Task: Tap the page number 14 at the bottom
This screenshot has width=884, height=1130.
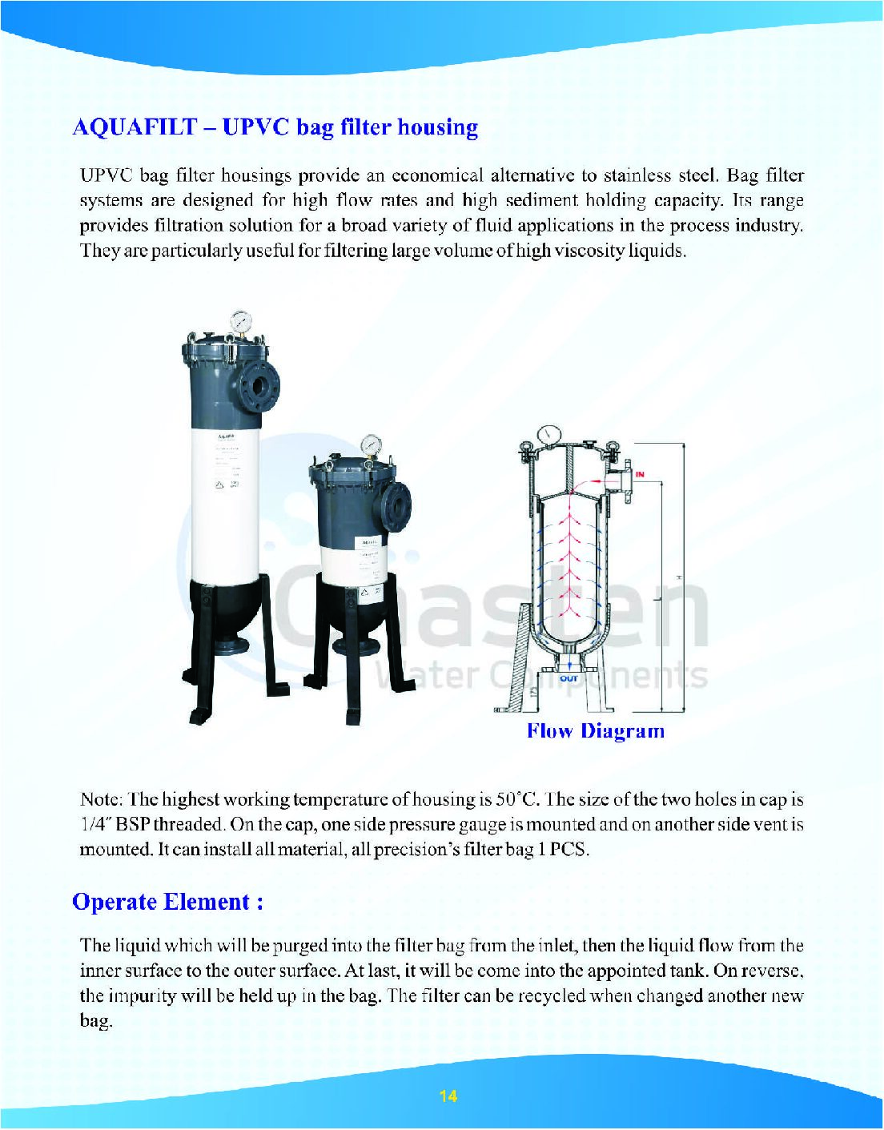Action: point(448,1096)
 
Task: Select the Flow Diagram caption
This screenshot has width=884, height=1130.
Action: point(595,730)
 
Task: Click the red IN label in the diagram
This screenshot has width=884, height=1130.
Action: point(640,475)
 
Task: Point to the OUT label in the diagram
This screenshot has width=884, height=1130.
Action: point(569,678)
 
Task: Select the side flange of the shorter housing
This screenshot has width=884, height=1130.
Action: point(397,505)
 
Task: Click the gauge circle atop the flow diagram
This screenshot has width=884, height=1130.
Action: point(549,432)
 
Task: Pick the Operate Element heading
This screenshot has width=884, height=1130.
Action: point(167,902)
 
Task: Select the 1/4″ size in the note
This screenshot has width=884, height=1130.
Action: point(96,824)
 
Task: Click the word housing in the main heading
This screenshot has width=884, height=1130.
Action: point(438,127)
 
